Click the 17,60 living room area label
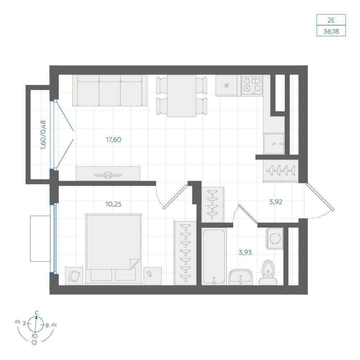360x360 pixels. click(113, 140)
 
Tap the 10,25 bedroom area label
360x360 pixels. click(113, 204)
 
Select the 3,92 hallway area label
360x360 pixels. click(275, 202)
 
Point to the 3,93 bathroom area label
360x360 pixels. click(245, 253)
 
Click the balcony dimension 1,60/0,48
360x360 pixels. click(43, 135)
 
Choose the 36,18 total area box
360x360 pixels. click(331, 31)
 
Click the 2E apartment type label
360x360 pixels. click(331, 20)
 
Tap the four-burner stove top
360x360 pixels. click(252, 85)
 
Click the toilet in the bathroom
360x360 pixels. click(268, 273)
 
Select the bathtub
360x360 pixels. click(214, 257)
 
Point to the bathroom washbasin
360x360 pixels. click(240, 277)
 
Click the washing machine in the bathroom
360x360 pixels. click(275, 238)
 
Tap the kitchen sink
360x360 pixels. click(274, 144)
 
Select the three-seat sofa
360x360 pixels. click(110, 91)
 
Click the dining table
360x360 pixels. click(181, 96)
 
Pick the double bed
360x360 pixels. click(113, 249)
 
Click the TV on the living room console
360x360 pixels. click(108, 175)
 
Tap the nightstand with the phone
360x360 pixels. click(153, 276)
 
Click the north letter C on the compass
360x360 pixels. click(36, 313)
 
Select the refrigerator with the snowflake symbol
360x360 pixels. click(226, 85)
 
